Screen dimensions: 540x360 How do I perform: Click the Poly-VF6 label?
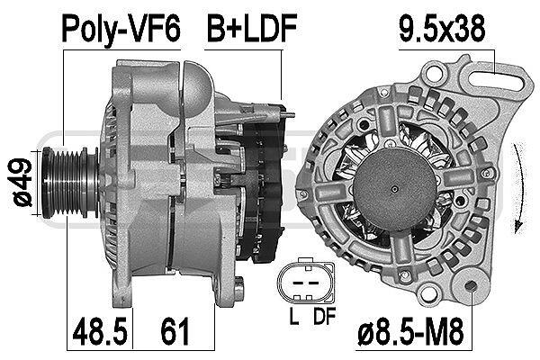tap(121, 28)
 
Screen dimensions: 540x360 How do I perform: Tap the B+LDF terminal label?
tap(252, 28)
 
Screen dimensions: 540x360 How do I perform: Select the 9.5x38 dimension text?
tap(442, 28)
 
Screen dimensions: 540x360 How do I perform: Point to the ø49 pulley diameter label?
tap(22, 182)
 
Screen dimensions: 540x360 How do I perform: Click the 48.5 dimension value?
tap(100, 331)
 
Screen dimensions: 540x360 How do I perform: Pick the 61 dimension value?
tap(175, 331)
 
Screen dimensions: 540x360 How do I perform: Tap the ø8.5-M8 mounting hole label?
tap(411, 331)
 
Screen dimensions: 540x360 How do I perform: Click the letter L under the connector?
tap(293, 316)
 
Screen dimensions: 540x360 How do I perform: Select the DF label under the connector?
tap(324, 316)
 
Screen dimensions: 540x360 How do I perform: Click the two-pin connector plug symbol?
tap(305, 282)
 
